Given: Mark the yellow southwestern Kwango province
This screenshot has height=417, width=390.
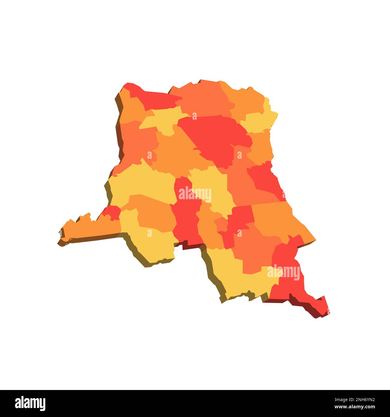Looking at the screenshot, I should coord(150,240).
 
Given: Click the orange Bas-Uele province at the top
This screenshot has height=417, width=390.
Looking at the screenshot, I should coord(204,96).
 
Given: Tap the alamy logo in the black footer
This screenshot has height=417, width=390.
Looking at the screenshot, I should coord(30,403).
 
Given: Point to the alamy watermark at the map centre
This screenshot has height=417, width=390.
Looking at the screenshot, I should coord(195,194).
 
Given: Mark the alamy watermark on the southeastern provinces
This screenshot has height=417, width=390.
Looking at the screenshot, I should coord(283,272).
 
